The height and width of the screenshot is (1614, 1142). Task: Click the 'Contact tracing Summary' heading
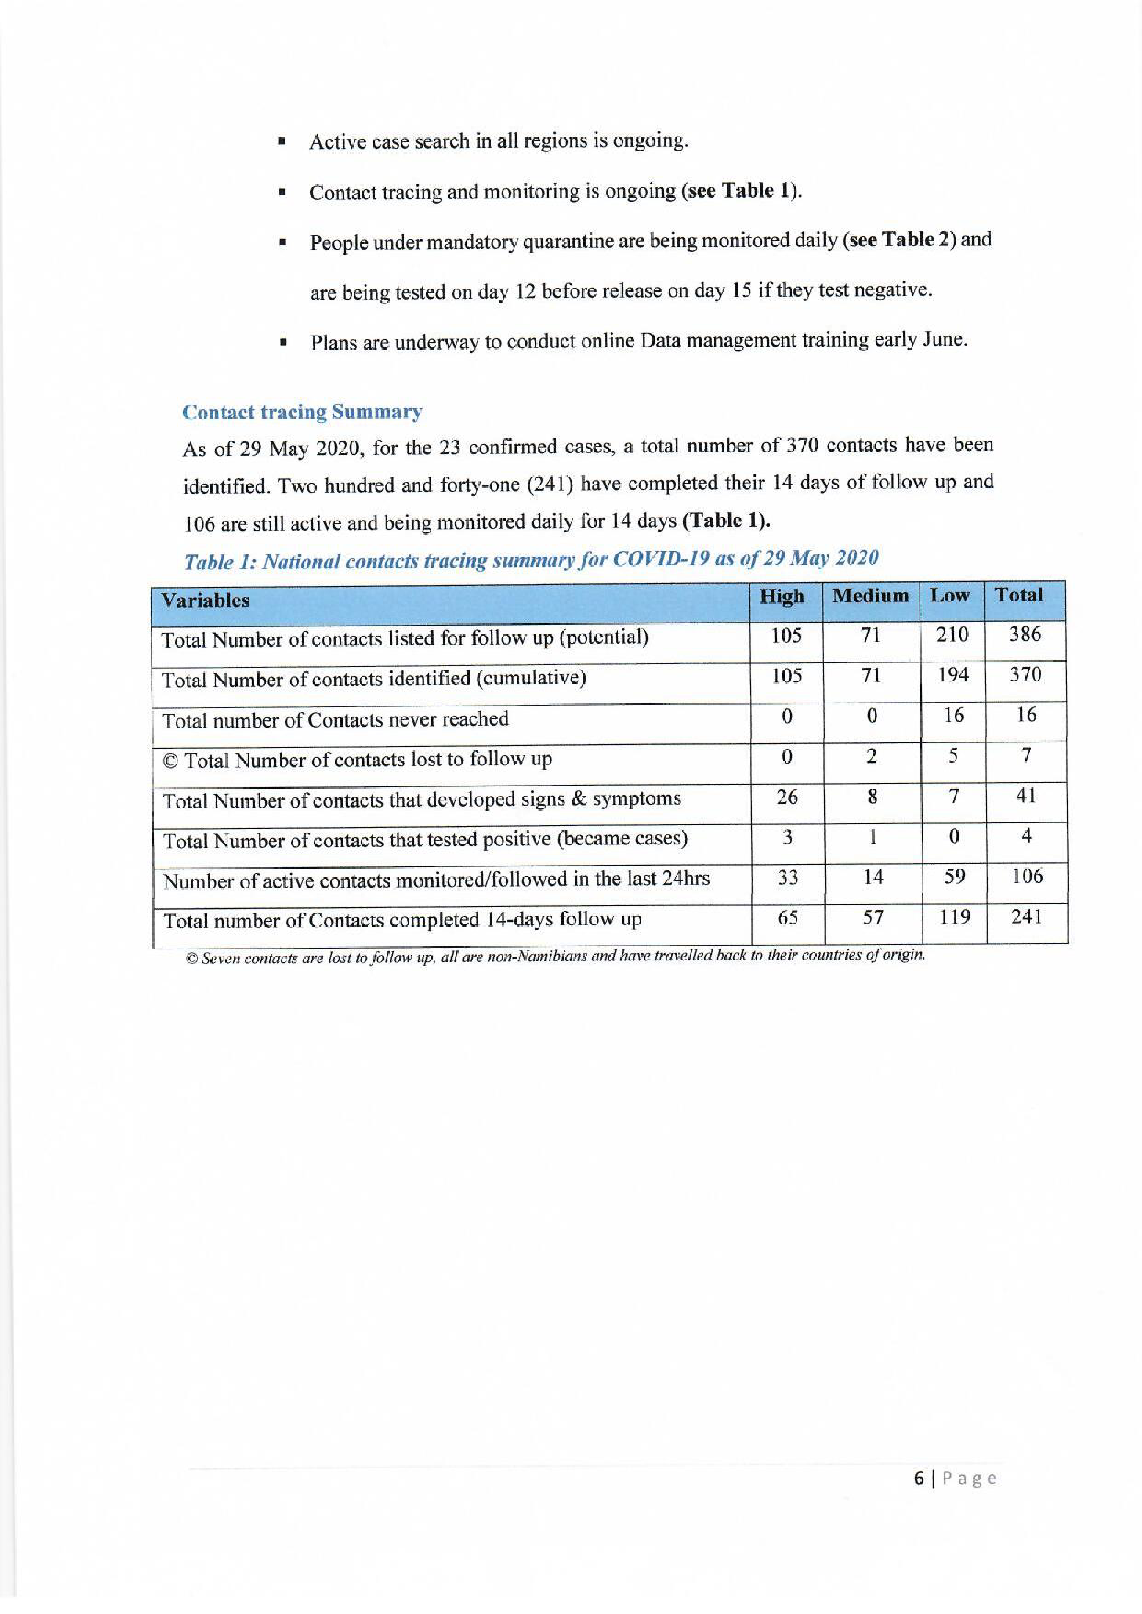pos(302,412)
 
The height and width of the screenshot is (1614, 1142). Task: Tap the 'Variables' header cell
pos(206,600)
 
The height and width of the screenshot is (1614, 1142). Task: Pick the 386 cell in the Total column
pos(1025,635)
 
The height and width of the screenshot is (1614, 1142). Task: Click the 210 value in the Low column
pos(952,635)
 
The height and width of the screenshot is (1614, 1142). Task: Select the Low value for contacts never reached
pos(953,716)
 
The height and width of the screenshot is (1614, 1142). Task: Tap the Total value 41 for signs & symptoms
pos(1026,796)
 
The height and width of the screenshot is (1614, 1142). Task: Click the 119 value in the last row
pos(954,917)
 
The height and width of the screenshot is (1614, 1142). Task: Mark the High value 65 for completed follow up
pos(788,918)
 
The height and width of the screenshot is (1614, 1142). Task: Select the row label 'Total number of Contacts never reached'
pos(335,720)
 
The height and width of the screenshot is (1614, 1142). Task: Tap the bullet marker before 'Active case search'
pos(281,142)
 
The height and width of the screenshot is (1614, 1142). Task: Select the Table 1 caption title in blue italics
pos(531,560)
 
